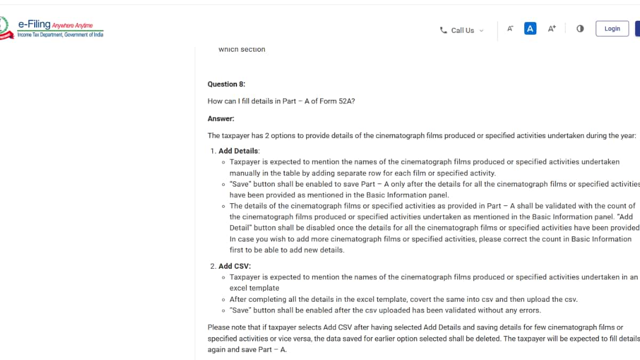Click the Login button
click(x=612, y=29)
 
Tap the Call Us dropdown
click(x=462, y=30)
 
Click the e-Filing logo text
click(x=34, y=24)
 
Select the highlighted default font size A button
click(x=530, y=29)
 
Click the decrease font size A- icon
click(x=510, y=29)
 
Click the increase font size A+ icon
click(x=552, y=29)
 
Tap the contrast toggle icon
click(x=580, y=29)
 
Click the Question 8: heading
click(x=226, y=84)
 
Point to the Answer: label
click(x=221, y=119)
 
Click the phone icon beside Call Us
click(x=443, y=30)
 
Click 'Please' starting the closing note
click(x=218, y=327)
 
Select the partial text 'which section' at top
click(x=242, y=50)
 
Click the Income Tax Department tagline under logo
click(x=60, y=35)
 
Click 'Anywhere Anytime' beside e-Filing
click(x=73, y=25)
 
